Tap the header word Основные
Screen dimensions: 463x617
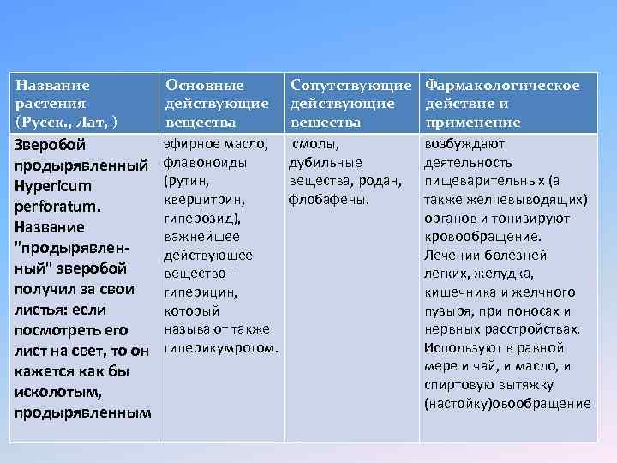click(x=204, y=85)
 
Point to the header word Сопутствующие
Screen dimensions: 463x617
click(x=353, y=85)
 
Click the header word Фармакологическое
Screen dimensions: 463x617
click(x=503, y=85)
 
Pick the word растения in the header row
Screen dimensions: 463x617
click(x=52, y=104)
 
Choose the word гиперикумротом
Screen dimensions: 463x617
click(x=219, y=349)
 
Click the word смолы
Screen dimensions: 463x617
click(x=322, y=144)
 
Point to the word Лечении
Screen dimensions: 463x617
click(x=450, y=256)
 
